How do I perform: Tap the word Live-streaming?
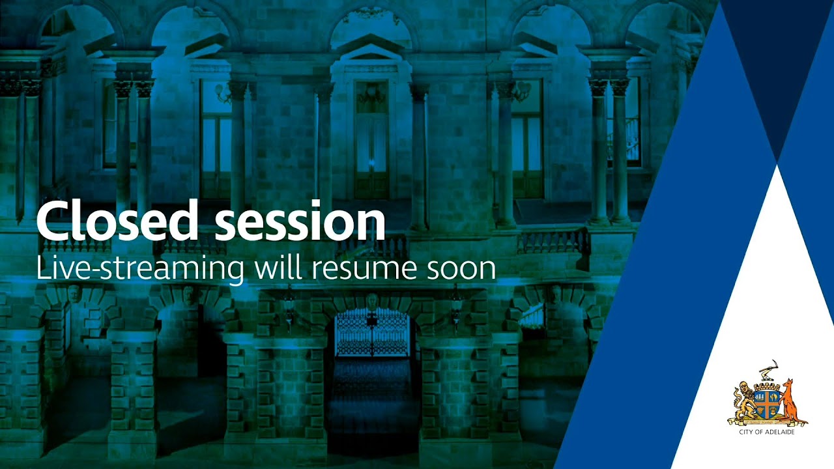tap(140, 269)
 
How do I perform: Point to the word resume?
tap(364, 270)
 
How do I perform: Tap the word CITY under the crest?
tap(746, 432)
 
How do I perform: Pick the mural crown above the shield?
tap(768, 384)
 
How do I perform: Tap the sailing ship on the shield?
tap(761, 397)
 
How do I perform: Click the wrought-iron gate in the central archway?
tap(372, 332)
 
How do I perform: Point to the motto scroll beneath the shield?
tap(767, 422)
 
